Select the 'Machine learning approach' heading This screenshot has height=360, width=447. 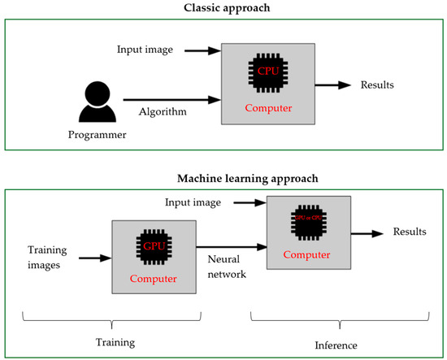223,177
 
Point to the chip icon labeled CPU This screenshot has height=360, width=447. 267,72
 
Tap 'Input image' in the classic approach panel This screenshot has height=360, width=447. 145,51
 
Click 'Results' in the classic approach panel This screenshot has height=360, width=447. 380,84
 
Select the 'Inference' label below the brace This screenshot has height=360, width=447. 336,345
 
